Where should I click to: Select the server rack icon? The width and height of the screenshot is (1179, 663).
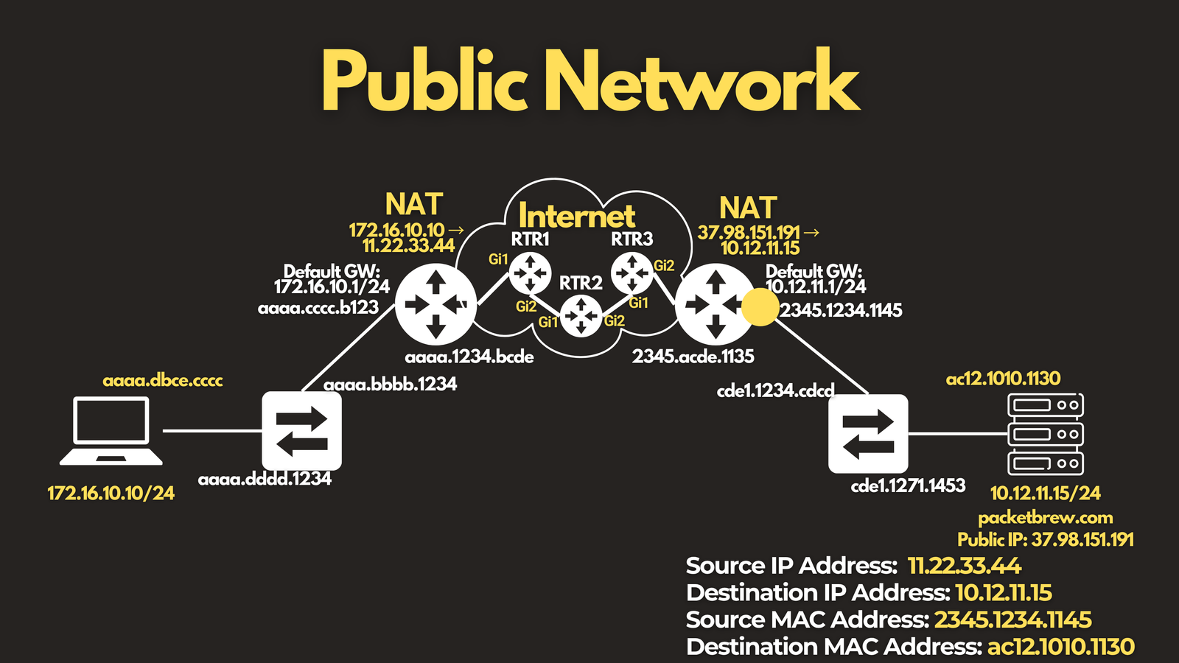point(1046,434)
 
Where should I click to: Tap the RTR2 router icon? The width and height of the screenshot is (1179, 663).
point(581,316)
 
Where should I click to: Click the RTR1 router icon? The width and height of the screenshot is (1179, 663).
point(530,273)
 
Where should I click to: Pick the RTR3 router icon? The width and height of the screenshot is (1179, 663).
point(632,273)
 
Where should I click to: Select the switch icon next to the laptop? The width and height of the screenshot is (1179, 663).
point(301,431)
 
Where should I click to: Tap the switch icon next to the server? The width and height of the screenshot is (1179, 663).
point(868,434)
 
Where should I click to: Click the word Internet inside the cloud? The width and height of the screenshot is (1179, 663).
point(577,216)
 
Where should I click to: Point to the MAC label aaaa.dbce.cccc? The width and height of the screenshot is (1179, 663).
point(163,380)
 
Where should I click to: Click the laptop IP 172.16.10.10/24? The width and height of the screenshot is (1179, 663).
point(111,493)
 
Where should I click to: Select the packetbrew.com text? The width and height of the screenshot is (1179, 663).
point(1046,519)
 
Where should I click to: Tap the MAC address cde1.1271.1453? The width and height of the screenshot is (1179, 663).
point(908,485)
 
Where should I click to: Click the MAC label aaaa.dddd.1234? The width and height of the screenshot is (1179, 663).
point(265,480)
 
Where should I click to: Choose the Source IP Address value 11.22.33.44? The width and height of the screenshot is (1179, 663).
point(965,566)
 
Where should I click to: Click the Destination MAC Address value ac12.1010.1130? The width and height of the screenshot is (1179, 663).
point(1060,647)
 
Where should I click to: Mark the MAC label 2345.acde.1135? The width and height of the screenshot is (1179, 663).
point(693,357)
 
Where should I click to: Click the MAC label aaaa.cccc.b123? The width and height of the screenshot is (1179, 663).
point(318,308)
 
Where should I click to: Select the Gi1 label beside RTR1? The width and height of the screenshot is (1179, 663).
point(498,259)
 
